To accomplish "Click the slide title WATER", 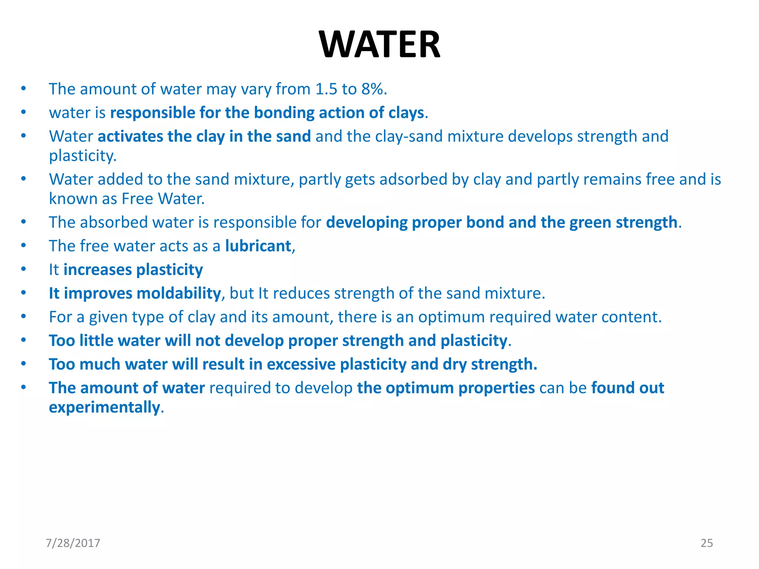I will (379, 44).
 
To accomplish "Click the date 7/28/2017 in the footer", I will (73, 543).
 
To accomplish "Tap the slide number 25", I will (706, 543).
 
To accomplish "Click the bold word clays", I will (406, 113).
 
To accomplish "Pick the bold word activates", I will (129, 136).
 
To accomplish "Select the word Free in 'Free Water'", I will (137, 199).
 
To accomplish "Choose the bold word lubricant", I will (258, 246).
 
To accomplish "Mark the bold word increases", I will (97, 270).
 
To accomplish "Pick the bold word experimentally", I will (105, 407).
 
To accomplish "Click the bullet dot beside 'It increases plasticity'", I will (23, 269).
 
